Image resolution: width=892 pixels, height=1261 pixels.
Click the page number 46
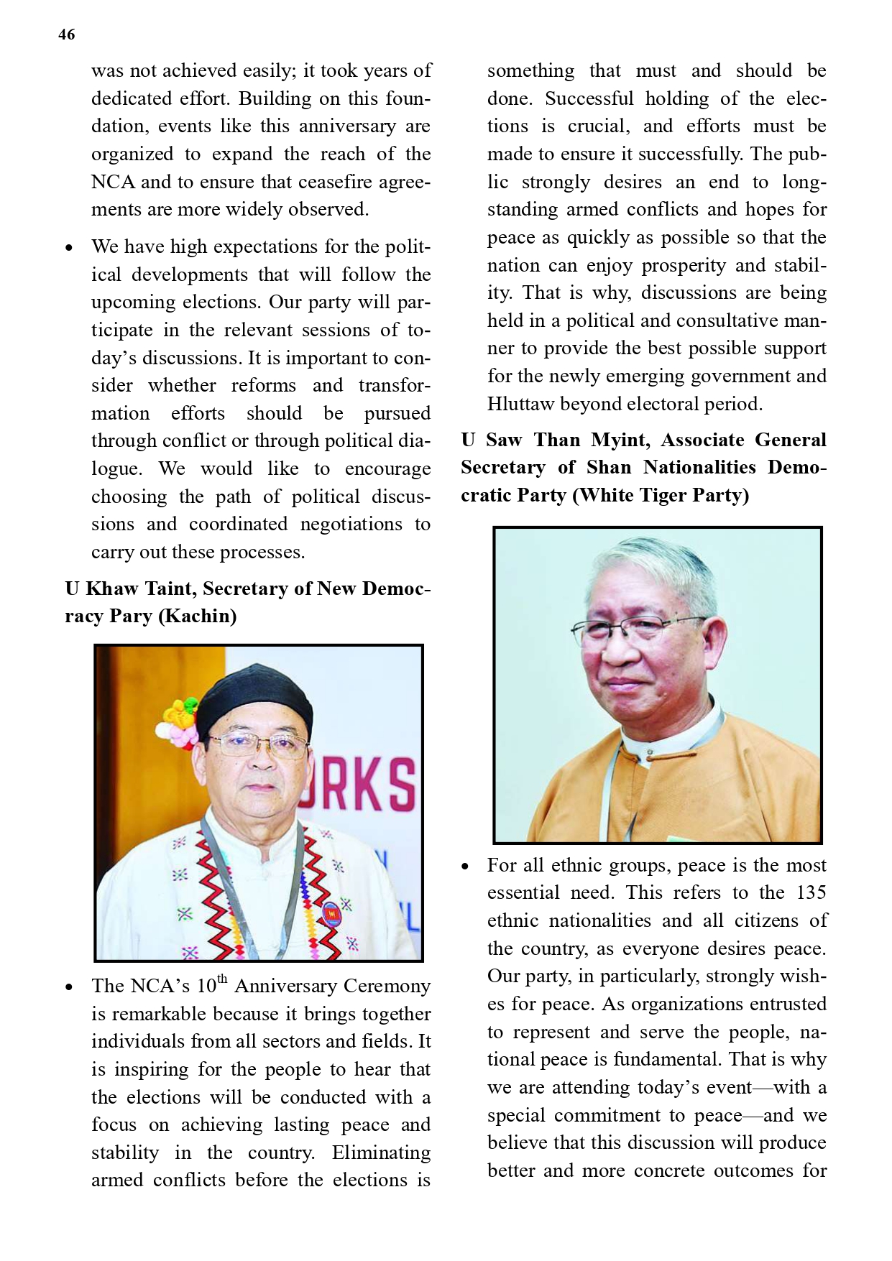tap(67, 34)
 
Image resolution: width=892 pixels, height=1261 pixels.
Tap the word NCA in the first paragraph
tap(113, 182)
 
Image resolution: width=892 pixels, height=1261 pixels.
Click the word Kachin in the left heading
tap(198, 616)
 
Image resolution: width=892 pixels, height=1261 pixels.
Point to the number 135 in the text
tap(811, 892)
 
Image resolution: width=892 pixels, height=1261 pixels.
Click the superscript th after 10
tap(222, 979)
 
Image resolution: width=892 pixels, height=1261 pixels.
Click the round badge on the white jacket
tap(331, 913)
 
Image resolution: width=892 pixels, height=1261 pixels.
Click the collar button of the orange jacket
tap(650, 754)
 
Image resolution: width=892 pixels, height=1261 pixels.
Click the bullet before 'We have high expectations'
tap(69, 248)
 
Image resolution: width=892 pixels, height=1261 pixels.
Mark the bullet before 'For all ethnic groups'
tap(465, 867)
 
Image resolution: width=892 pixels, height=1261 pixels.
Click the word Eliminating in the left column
tap(381, 1153)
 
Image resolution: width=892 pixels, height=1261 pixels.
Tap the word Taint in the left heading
tap(170, 588)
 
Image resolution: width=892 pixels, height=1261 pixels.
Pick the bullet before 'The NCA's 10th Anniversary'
tap(69, 987)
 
